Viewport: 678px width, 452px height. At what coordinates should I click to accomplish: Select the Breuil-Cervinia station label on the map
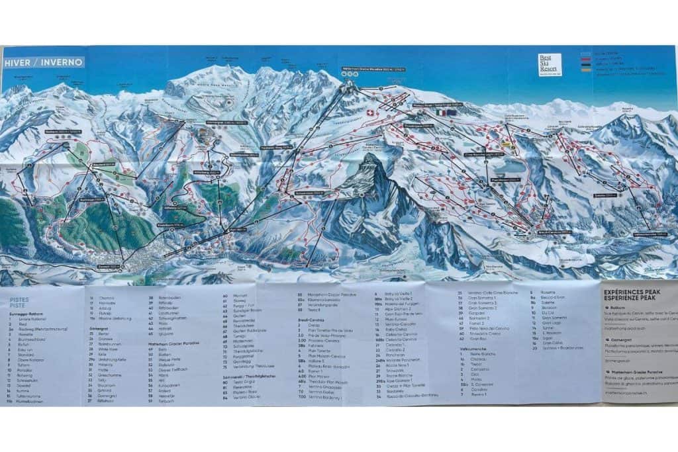(538, 232)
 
